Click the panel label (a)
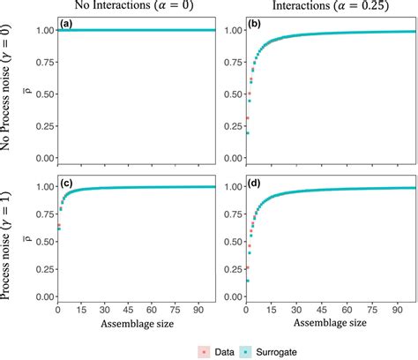[63, 24]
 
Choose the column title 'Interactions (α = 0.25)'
[318, 8]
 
